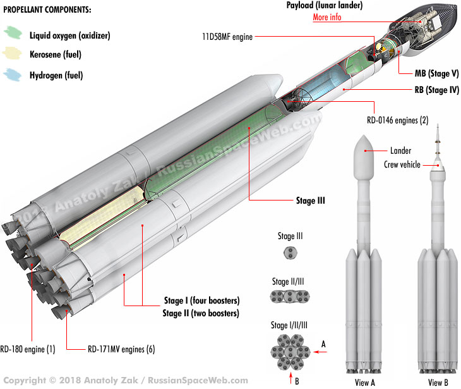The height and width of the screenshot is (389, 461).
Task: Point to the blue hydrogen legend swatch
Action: (x=13, y=76)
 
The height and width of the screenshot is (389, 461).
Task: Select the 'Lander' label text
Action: (x=400, y=151)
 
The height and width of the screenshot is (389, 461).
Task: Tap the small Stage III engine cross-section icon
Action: (x=290, y=253)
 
